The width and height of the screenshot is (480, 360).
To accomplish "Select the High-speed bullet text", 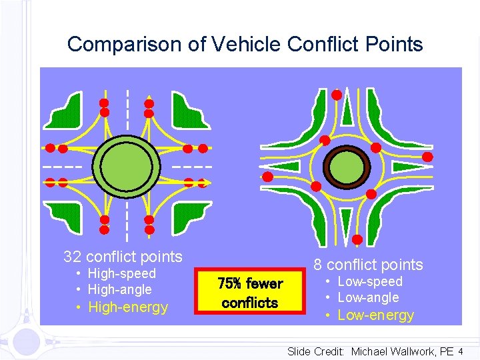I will (x=121, y=273).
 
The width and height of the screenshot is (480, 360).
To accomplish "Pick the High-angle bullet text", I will (x=119, y=289).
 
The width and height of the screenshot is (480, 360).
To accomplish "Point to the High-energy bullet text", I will (x=128, y=307).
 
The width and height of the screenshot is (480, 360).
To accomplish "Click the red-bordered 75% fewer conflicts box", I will (x=251, y=293).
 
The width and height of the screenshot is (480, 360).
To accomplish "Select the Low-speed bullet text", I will (x=370, y=281).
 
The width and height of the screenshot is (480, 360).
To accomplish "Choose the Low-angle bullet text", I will (x=368, y=297).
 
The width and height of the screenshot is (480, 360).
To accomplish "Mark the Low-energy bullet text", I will (x=376, y=315).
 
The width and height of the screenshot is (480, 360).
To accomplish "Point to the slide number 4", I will (x=460, y=351).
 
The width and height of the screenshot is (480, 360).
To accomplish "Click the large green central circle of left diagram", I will (x=127, y=165).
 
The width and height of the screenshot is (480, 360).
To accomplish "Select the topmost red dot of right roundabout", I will (x=337, y=95).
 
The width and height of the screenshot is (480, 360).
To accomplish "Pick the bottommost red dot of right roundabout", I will (x=357, y=239).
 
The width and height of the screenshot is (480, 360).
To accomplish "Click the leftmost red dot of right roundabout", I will (x=267, y=177).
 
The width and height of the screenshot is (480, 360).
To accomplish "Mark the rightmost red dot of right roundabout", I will (x=427, y=157).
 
